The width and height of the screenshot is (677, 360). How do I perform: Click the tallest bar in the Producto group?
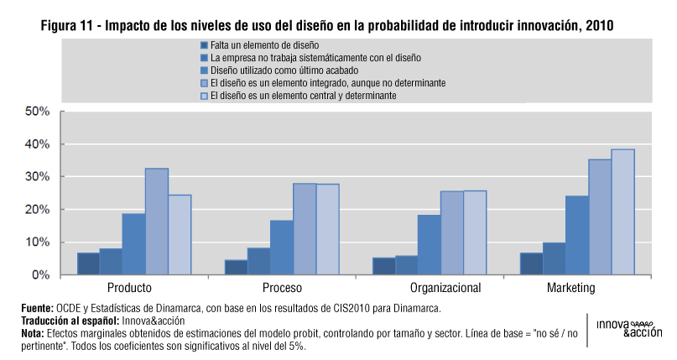[157, 222]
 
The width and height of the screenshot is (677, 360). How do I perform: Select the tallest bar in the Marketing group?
[622, 212]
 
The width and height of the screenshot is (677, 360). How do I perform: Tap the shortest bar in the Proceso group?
[236, 267]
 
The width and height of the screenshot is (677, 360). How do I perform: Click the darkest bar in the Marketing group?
[531, 263]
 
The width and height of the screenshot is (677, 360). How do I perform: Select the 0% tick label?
[42, 275]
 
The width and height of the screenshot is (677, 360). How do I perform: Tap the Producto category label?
[129, 288]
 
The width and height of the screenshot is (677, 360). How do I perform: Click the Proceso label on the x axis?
[270, 288]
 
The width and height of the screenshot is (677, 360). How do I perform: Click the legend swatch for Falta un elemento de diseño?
[204, 44]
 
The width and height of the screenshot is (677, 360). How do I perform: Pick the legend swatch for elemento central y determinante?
[204, 97]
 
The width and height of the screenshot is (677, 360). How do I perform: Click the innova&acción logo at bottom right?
[628, 328]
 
